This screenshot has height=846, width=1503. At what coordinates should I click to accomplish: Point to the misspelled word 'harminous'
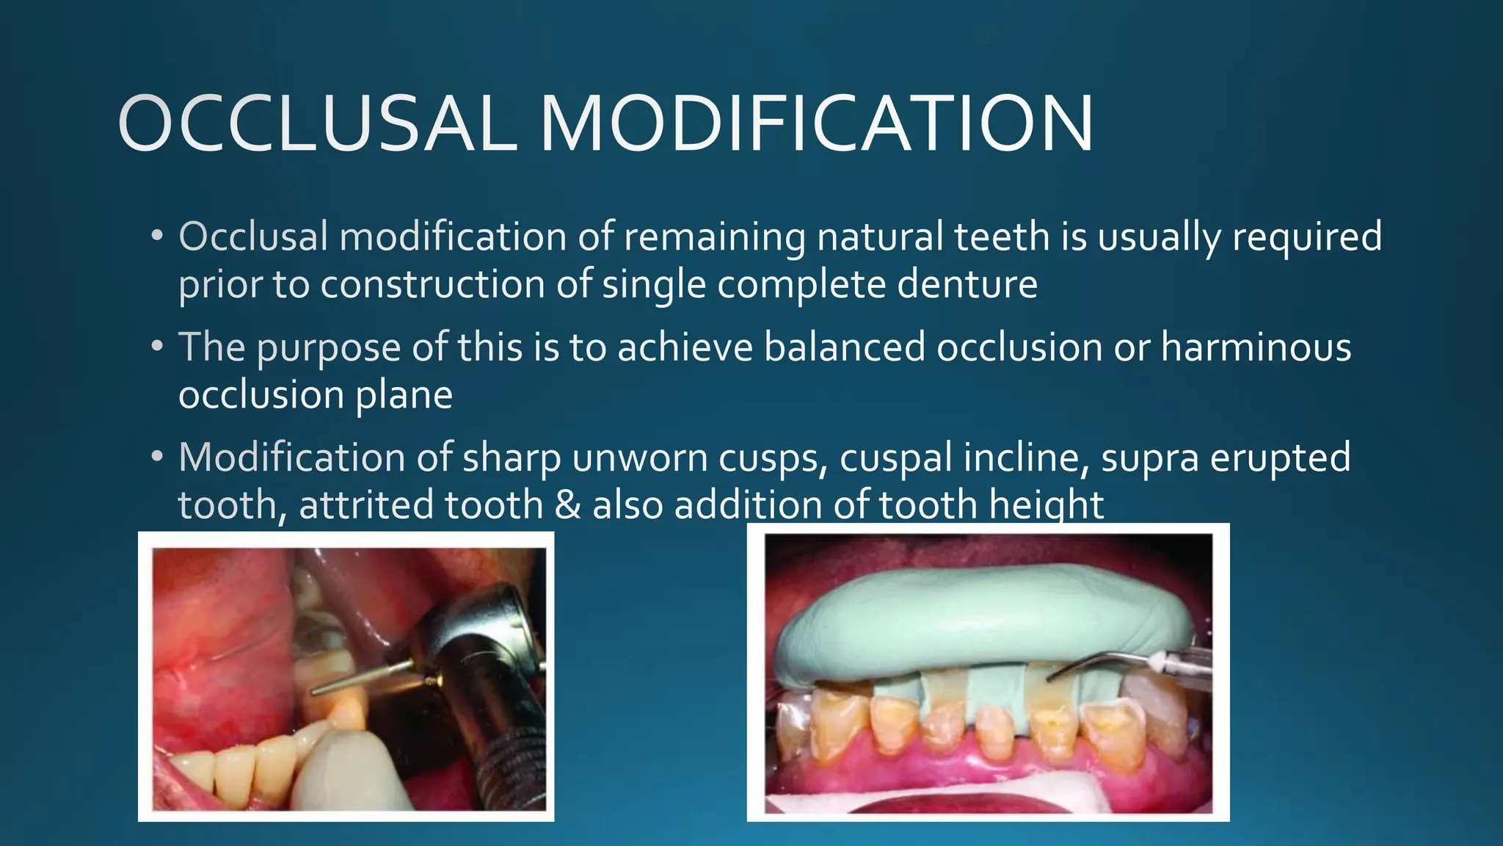1256,347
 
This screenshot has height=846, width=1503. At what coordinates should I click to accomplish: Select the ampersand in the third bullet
567,505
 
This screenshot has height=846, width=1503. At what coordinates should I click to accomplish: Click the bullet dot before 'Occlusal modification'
156,236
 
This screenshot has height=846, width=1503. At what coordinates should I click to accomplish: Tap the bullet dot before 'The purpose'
156,347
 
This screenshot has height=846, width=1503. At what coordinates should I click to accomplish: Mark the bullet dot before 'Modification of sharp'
156,457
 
